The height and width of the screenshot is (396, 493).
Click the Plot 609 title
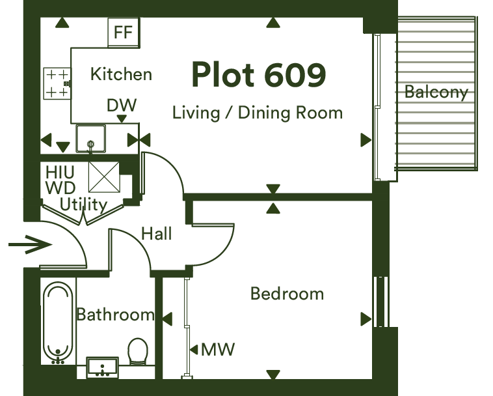258,75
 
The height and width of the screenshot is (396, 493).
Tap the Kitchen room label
121,74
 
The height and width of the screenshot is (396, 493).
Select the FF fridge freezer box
124,33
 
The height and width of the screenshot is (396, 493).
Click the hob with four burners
57,83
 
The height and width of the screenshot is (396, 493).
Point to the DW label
122,105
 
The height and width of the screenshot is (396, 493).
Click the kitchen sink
90,139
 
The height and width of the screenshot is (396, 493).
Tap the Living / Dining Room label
258,113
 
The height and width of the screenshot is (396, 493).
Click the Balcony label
436,92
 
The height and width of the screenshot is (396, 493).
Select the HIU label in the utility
60,172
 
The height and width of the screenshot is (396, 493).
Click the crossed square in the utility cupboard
104,177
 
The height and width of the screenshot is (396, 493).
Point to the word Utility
83,205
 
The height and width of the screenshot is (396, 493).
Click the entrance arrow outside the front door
30,245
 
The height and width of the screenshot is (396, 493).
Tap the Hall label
157,234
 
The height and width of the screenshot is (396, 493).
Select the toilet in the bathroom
138,352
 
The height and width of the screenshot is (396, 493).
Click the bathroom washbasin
103,367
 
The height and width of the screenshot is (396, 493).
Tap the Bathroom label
115,315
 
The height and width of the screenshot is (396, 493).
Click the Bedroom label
287,294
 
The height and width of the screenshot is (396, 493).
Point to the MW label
218,349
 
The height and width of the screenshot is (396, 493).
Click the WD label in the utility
60,188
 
